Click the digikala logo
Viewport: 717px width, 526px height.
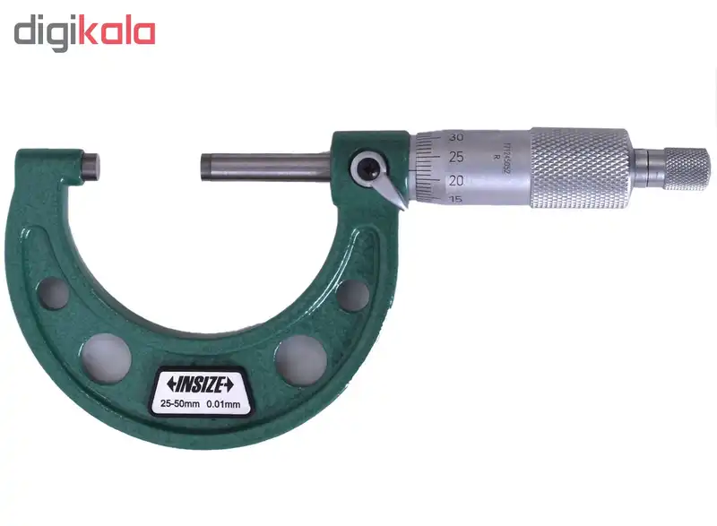pyautogui.click(x=84, y=32)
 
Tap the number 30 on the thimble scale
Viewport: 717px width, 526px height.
pyautogui.click(x=455, y=137)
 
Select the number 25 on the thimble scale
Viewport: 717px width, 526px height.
pyautogui.click(x=456, y=158)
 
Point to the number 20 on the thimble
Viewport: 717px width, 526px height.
pyautogui.click(x=456, y=180)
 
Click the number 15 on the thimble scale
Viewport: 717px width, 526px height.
pyautogui.click(x=456, y=199)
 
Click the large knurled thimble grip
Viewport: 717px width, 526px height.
pyautogui.click(x=580, y=168)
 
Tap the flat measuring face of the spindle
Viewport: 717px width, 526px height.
pyautogui.click(x=203, y=168)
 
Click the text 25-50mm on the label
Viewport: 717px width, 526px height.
pyautogui.click(x=181, y=405)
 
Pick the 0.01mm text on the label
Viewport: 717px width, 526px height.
pyautogui.click(x=224, y=405)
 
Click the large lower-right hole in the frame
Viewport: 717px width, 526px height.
pyautogui.click(x=299, y=357)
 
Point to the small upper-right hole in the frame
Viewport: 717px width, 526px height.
pyautogui.click(x=353, y=294)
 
